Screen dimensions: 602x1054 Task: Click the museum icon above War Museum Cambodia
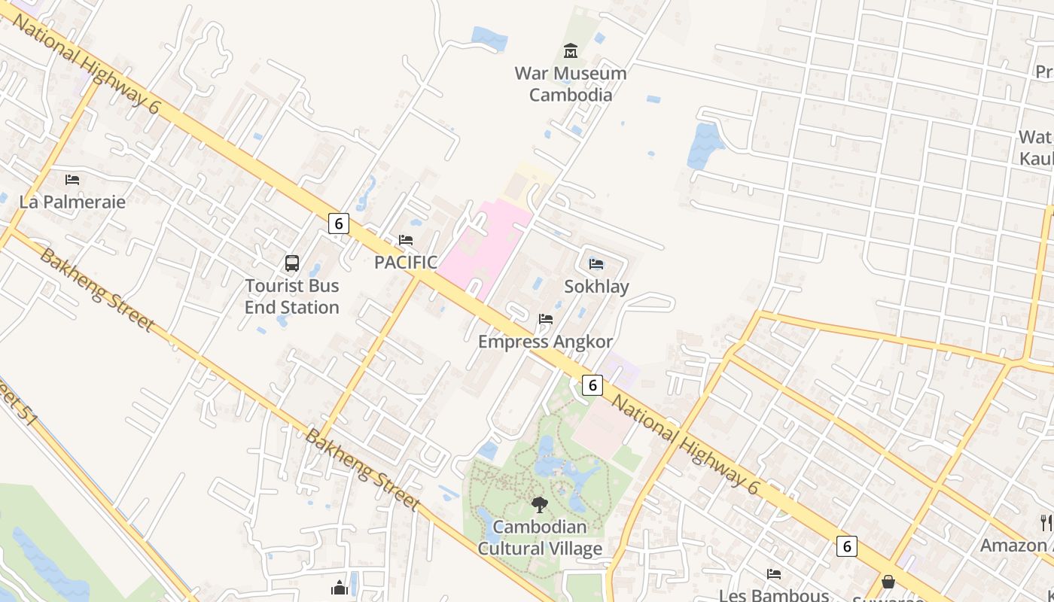(571, 51)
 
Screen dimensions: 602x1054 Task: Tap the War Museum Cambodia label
(571, 84)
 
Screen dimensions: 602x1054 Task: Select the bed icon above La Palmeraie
(72, 179)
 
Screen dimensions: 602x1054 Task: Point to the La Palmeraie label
(72, 202)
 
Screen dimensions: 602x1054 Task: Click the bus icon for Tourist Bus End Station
(292, 263)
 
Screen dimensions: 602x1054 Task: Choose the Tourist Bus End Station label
(292, 296)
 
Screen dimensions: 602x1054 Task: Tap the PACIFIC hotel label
(406, 262)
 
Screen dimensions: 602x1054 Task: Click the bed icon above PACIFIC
(406, 240)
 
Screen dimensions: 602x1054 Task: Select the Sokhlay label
(596, 286)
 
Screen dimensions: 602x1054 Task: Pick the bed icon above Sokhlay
(596, 263)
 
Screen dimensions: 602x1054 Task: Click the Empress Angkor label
(546, 342)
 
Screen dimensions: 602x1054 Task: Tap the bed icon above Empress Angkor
(546, 319)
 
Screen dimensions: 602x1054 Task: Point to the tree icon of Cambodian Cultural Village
(539, 505)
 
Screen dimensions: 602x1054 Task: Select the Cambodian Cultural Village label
(540, 537)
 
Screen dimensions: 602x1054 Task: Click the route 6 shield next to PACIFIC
(339, 223)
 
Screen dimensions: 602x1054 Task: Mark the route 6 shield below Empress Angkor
(592, 385)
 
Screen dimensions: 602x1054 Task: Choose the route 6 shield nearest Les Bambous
(846, 546)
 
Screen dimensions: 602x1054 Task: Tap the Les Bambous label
(774, 595)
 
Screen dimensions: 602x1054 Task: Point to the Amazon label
(1013, 545)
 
